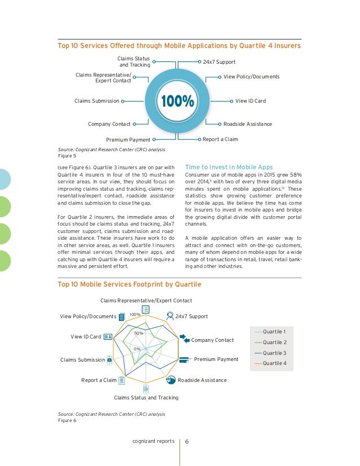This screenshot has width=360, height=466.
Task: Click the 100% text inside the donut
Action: pos(177,102)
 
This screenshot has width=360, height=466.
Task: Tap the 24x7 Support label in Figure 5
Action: pos(218,61)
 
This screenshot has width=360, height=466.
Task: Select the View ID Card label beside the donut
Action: pos(250,101)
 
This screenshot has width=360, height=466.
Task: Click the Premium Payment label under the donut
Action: pos(128,139)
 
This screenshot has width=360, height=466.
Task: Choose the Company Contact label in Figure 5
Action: pos(109,124)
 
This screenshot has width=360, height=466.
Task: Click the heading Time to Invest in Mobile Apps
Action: pos(229,167)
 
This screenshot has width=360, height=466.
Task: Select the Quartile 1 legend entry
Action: pos(274,331)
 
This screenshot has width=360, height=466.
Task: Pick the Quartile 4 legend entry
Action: pos(274,363)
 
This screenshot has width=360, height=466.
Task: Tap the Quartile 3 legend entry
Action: pos(274,353)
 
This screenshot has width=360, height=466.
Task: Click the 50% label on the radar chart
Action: pos(139,333)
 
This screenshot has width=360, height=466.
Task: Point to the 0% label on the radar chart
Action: pos(137,350)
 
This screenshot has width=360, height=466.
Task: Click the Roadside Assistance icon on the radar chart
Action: pos(172,380)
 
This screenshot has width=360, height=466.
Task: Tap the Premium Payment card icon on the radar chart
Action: pos(185,359)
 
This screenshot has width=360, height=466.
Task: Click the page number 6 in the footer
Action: pos(187,441)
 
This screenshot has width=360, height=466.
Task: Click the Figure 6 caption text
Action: pos(67,420)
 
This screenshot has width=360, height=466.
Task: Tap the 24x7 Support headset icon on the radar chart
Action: pos(170,316)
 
